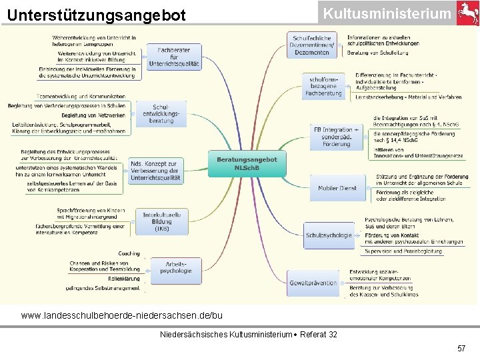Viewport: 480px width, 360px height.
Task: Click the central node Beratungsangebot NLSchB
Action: (x=247, y=163)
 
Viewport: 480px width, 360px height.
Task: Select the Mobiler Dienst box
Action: (x=338, y=189)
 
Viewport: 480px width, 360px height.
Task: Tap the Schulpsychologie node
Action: (x=329, y=235)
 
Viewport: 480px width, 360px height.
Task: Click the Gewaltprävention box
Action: (x=313, y=283)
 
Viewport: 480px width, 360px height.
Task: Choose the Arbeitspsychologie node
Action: (x=175, y=267)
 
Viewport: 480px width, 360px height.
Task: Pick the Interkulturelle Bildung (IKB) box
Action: (x=162, y=221)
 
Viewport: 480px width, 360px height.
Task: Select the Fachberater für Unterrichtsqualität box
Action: (x=174, y=58)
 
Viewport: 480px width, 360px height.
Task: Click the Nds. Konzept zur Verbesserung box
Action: (x=155, y=171)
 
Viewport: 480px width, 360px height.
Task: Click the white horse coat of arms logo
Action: (x=467, y=13)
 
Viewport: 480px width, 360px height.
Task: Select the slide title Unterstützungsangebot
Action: (x=97, y=15)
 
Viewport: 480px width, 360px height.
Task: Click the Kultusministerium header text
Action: (x=387, y=13)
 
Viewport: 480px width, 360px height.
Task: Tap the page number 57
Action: (x=461, y=349)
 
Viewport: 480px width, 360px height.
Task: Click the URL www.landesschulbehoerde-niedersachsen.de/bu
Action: (x=122, y=315)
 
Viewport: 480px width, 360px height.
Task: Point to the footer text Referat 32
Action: (x=319, y=333)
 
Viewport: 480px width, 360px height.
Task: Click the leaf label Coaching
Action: (x=129, y=254)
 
